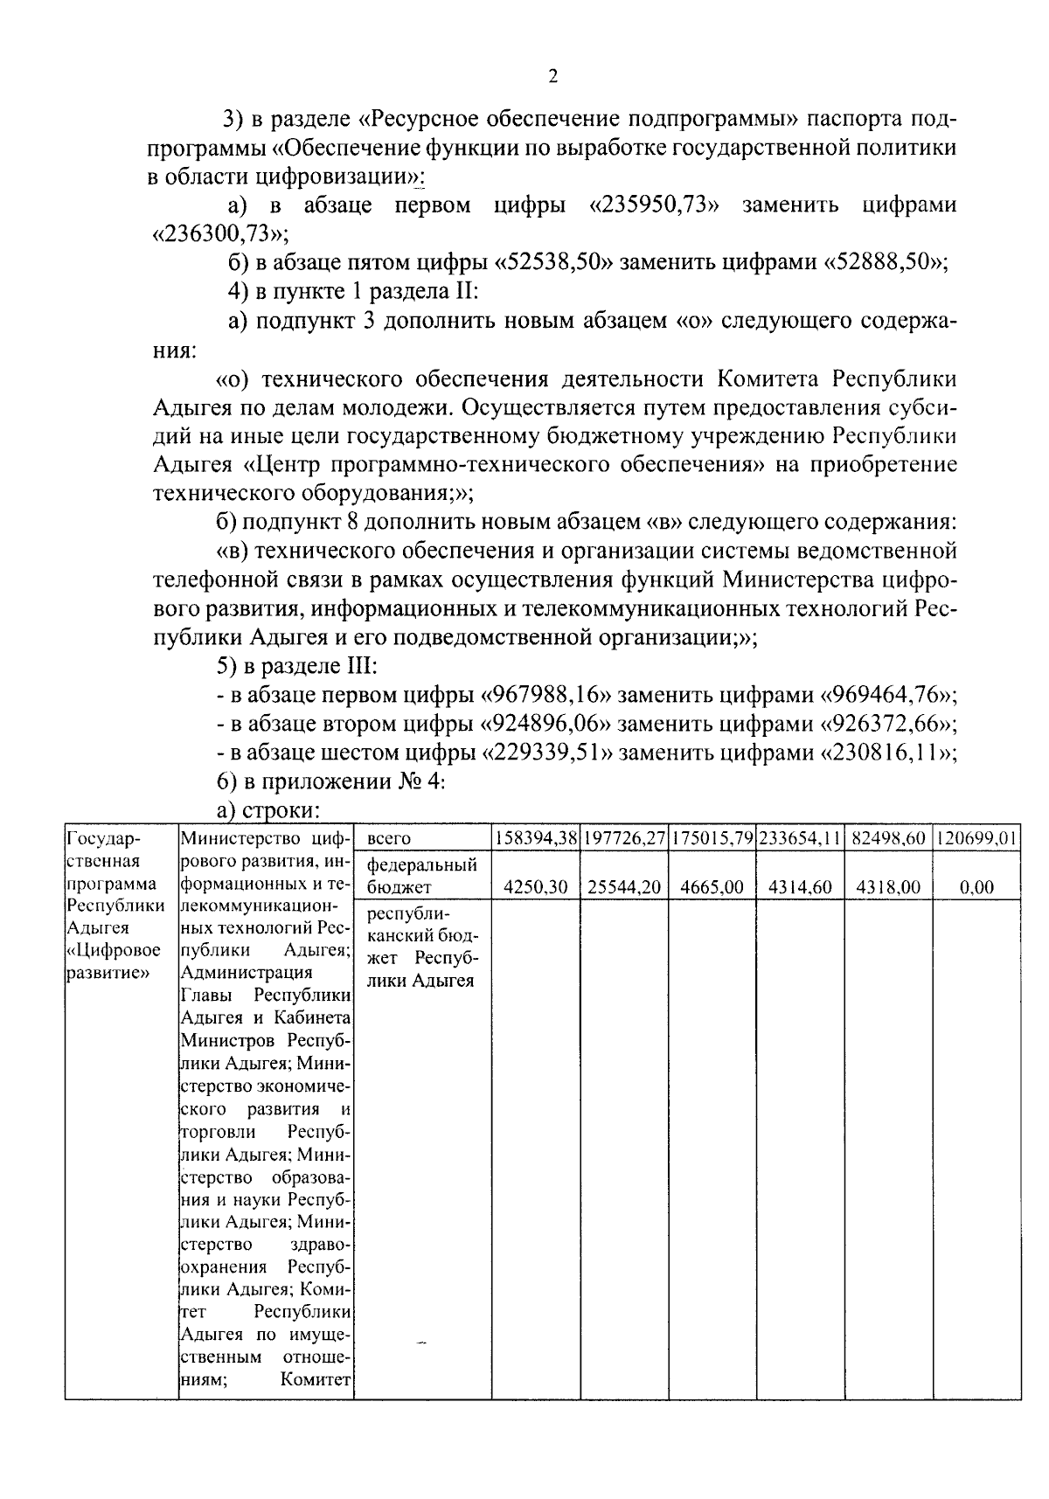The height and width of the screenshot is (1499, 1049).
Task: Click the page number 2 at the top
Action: (552, 76)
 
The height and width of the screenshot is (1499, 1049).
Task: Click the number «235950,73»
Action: (649, 206)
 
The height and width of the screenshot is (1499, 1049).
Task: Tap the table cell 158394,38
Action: (536, 838)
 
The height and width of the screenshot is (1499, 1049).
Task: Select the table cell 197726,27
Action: (624, 838)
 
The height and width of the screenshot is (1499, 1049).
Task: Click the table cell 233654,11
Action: (800, 838)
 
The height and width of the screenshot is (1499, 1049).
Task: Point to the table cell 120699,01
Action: (976, 838)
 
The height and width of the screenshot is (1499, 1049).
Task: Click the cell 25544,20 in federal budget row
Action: (624, 888)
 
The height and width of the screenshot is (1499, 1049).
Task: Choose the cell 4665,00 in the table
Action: (712, 888)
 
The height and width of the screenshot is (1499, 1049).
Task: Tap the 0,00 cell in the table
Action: (976, 888)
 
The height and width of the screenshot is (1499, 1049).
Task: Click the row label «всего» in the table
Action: (389, 839)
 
